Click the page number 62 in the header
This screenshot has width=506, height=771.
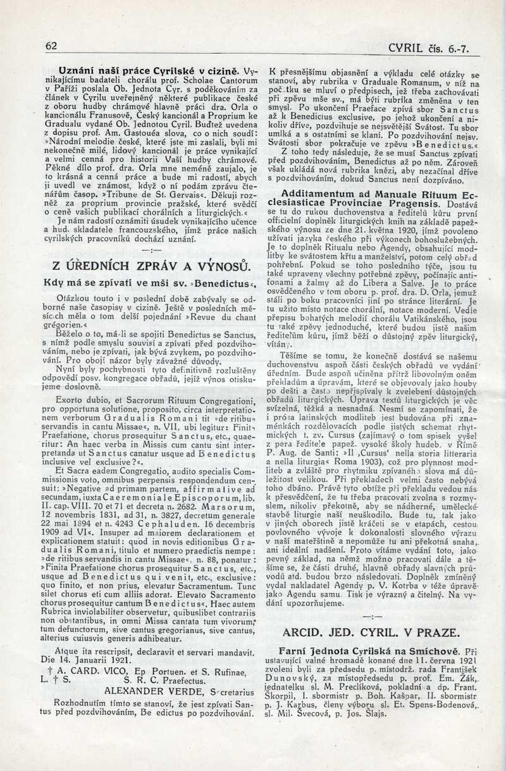[x=51, y=46]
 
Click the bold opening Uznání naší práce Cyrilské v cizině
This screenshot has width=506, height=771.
[x=149, y=71]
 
